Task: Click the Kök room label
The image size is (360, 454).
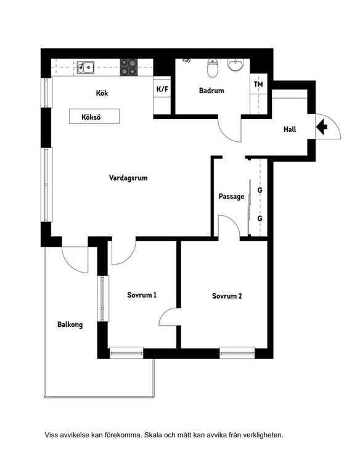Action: [102, 93]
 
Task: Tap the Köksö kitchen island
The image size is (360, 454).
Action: [94, 116]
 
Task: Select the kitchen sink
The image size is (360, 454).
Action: [86, 67]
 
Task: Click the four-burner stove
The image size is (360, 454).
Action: [129, 67]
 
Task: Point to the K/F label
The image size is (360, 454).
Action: [162, 89]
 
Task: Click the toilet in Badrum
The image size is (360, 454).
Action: [213, 68]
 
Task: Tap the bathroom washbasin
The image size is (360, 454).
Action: [235, 65]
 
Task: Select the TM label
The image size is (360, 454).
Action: [258, 85]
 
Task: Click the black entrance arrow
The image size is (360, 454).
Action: [322, 126]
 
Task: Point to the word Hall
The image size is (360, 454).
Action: [290, 129]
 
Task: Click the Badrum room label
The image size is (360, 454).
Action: [211, 91]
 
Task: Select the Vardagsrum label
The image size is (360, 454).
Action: [128, 178]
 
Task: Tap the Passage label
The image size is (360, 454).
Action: [231, 196]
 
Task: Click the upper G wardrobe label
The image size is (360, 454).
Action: [260, 190]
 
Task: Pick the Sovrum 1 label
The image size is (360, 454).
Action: [142, 295]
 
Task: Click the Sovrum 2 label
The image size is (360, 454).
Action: [227, 296]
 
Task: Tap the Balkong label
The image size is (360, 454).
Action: [70, 324]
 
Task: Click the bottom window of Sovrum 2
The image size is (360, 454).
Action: [237, 353]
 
